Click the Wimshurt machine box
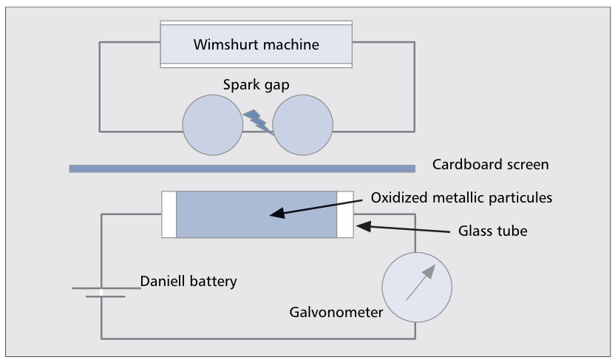(x=256, y=44)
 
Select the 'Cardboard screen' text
(x=491, y=164)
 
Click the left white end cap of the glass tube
(x=169, y=214)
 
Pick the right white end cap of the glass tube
(x=345, y=214)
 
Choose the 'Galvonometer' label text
(x=336, y=312)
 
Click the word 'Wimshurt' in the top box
(x=226, y=44)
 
